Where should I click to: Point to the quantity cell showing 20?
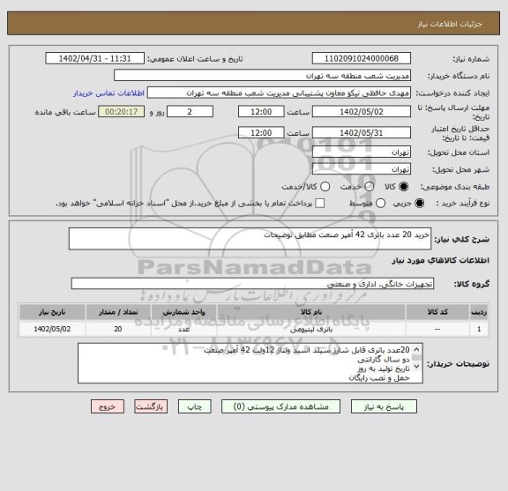point(118,329)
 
